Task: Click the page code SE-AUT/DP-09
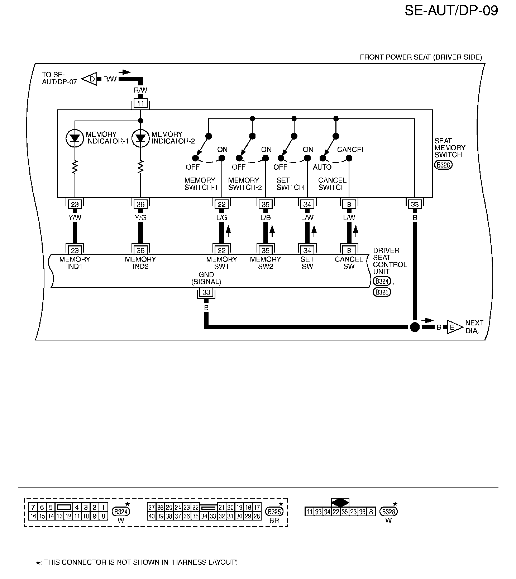click(x=451, y=10)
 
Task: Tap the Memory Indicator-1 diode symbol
click(x=75, y=137)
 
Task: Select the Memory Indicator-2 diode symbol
click(x=140, y=137)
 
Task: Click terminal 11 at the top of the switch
click(x=140, y=104)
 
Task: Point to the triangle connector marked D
click(x=91, y=79)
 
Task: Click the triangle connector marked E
click(x=454, y=327)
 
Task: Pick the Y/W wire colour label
click(x=75, y=217)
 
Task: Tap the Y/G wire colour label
click(x=140, y=217)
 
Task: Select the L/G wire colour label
click(x=222, y=217)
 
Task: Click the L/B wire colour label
click(x=266, y=217)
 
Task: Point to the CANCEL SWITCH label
click(x=332, y=184)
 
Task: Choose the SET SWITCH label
click(x=290, y=184)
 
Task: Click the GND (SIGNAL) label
click(x=206, y=278)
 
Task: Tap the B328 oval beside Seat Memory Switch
click(x=443, y=165)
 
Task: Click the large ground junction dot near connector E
click(x=415, y=327)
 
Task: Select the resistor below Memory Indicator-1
click(x=75, y=167)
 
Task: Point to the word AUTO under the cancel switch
click(x=322, y=167)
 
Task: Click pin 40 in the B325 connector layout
click(x=151, y=516)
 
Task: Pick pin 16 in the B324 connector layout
click(x=33, y=516)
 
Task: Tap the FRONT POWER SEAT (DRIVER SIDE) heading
click(x=421, y=57)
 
